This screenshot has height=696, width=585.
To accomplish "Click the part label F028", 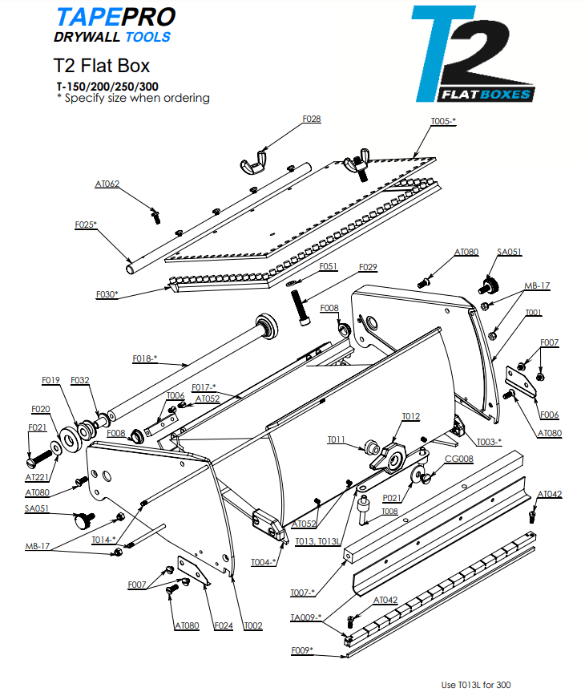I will [312, 119].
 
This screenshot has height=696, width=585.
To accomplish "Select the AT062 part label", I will [107, 184].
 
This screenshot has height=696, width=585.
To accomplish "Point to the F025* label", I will [86, 224].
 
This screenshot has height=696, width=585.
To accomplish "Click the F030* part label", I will [106, 294].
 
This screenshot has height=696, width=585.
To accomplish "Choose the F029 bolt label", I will [368, 266].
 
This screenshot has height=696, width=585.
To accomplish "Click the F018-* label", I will [145, 358].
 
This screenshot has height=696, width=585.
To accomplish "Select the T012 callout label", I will [410, 416].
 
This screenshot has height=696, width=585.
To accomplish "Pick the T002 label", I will [253, 625].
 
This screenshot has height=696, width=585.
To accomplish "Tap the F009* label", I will [301, 649].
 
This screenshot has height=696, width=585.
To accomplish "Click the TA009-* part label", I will [305, 617].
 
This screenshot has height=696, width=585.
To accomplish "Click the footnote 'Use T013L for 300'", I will [476, 685].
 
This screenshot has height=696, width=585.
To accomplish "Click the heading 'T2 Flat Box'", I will [102, 65].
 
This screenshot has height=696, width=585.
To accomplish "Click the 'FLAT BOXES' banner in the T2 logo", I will [486, 95].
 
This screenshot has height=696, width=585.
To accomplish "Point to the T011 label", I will [337, 439].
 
